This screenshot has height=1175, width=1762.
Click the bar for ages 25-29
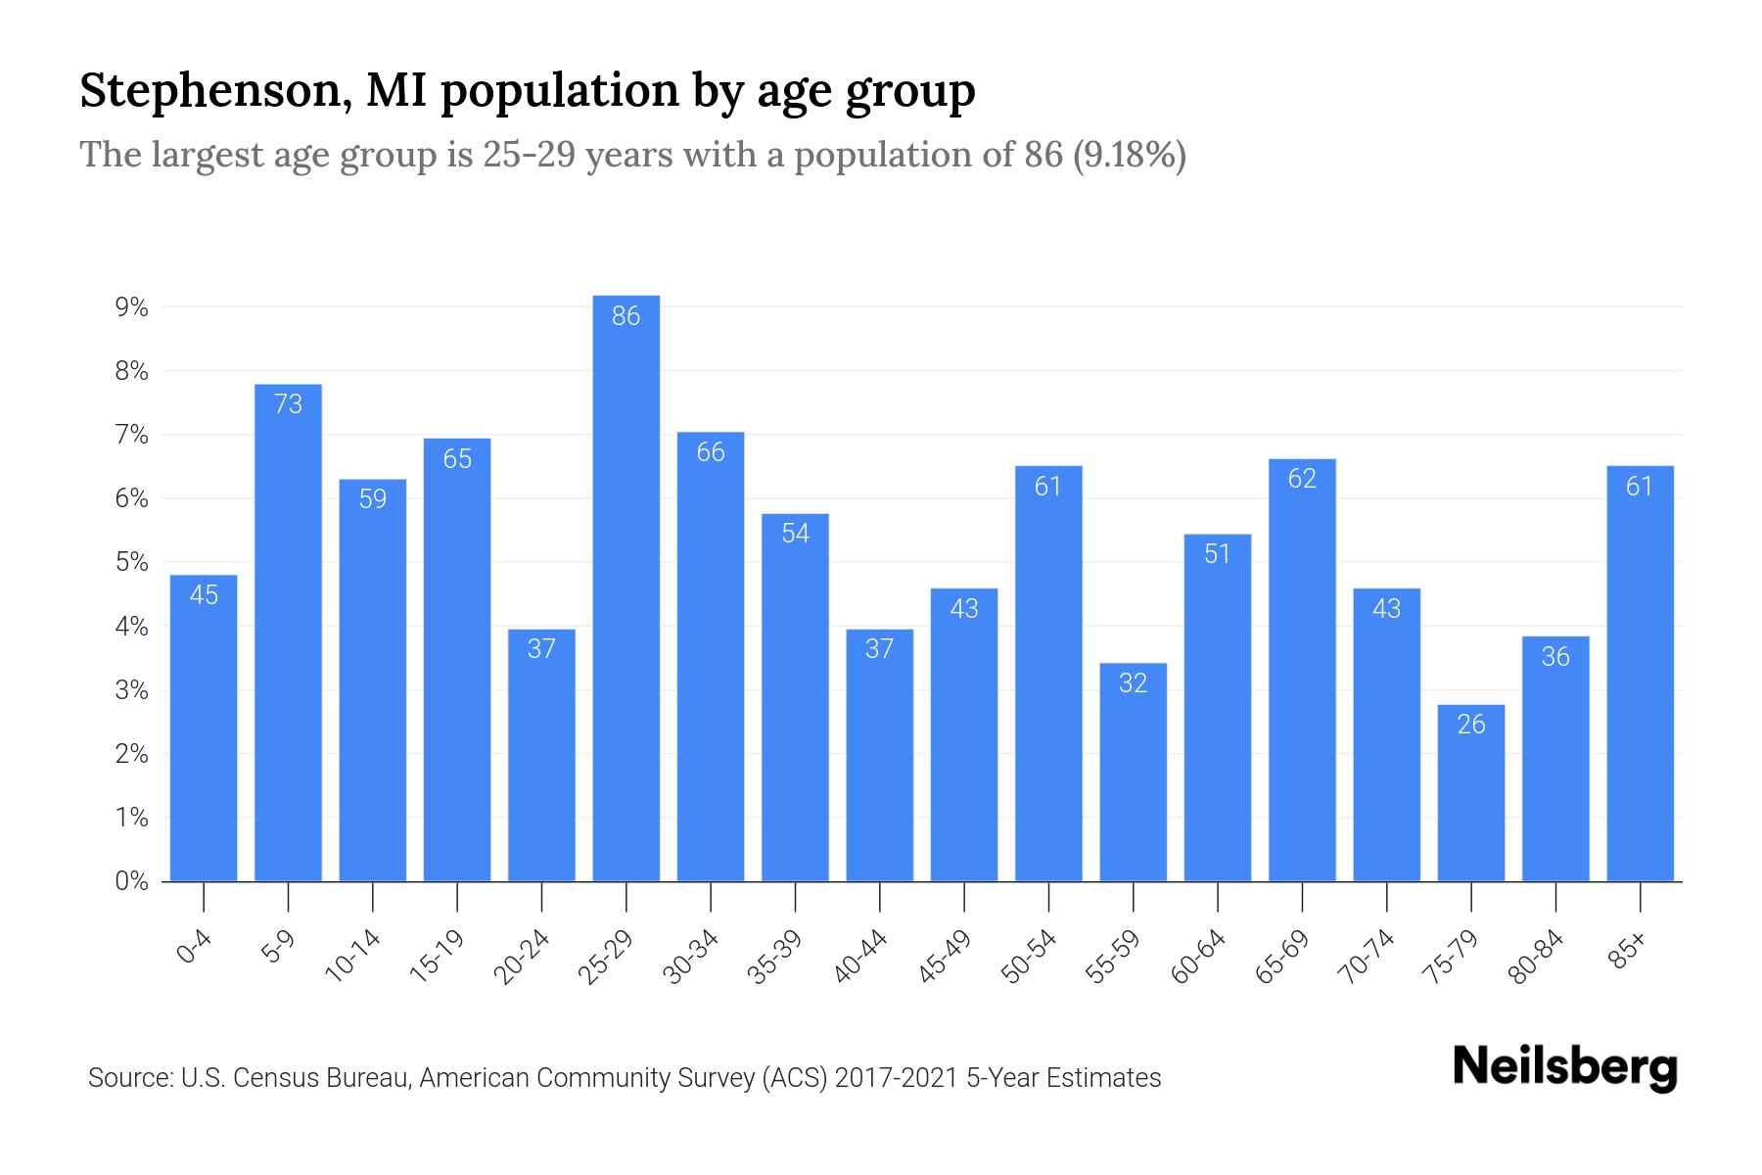tap(626, 587)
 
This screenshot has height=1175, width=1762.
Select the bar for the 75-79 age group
tap(1471, 793)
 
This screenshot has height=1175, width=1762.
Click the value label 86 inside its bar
tap(626, 315)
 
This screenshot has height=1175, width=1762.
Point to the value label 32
tap(1133, 682)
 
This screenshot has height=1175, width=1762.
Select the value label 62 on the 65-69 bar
tap(1302, 478)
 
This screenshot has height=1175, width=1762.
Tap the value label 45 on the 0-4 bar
tap(204, 594)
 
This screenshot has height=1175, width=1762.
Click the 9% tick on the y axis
tap(131, 307)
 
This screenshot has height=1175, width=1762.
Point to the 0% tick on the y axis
tap(131, 881)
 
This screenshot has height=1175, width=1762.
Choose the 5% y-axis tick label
tap(131, 562)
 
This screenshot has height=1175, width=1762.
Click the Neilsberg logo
tap(1564, 1067)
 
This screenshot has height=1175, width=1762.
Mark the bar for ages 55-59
tap(1133, 773)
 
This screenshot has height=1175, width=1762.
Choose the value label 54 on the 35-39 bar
tap(795, 533)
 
